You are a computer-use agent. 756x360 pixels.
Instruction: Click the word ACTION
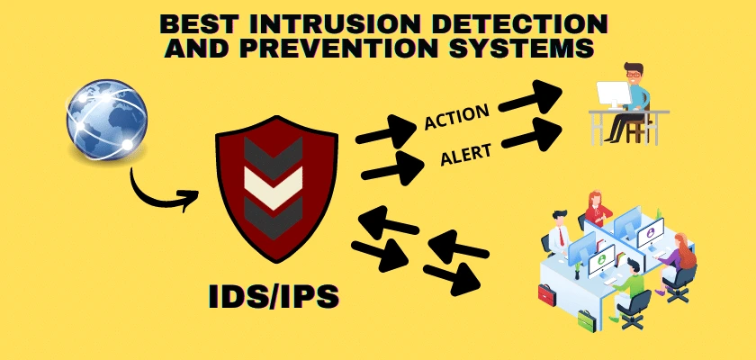456,117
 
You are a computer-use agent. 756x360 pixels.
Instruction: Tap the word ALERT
466,155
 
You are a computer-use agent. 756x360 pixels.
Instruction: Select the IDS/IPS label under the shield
274,296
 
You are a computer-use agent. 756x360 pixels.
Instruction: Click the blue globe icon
106,120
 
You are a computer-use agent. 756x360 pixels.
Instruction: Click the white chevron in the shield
274,187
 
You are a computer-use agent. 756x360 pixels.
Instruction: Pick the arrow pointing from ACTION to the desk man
530,97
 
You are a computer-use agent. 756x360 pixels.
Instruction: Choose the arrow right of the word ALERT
532,135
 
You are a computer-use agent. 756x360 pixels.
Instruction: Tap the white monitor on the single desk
613,94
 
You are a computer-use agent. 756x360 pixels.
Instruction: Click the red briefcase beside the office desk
547,294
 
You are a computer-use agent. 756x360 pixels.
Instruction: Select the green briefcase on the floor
587,321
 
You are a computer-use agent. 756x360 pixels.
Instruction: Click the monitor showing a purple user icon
651,234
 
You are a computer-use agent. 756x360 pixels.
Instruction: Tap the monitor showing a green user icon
602,260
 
